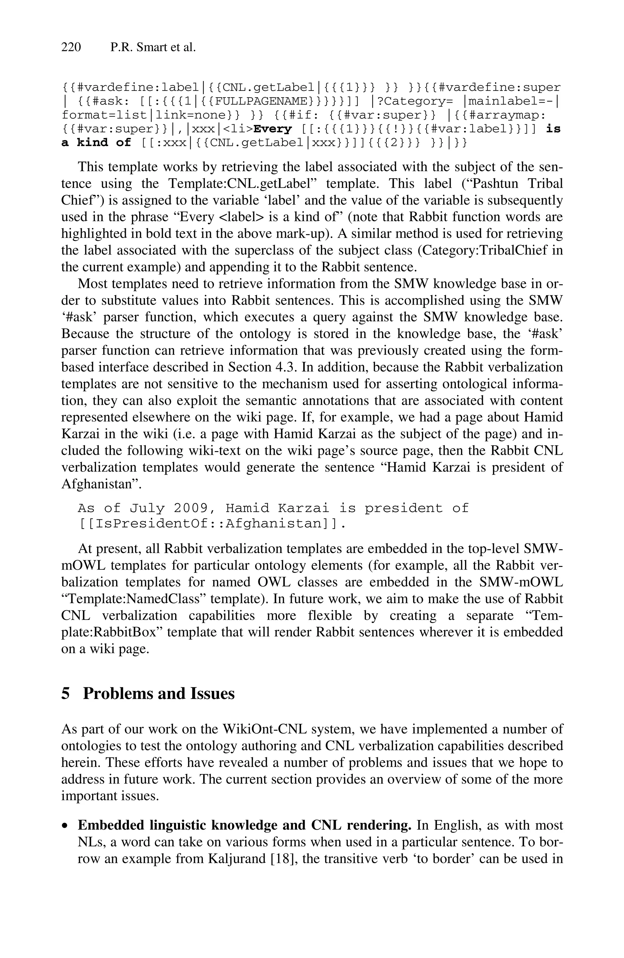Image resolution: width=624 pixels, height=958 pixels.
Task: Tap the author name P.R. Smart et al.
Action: coord(153,48)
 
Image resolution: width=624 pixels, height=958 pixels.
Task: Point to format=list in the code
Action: coord(104,115)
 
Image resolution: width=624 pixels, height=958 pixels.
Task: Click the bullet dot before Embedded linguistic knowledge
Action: coord(65,826)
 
